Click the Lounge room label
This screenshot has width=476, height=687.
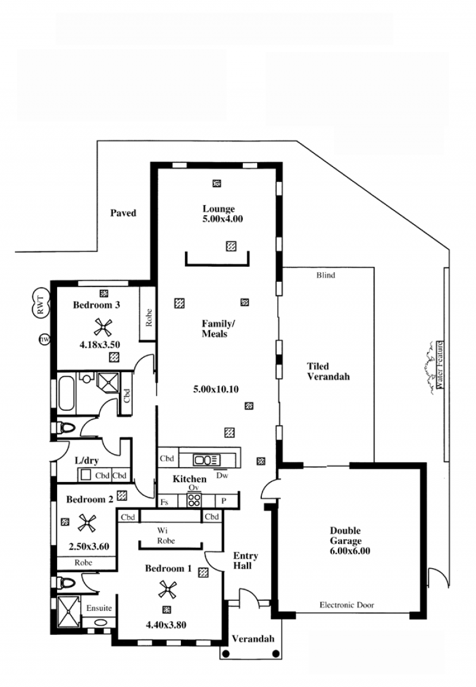click(218, 209)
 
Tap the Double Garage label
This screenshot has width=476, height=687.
click(346, 535)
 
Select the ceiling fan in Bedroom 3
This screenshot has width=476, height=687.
click(103, 327)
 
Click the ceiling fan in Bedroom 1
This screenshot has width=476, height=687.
click(167, 590)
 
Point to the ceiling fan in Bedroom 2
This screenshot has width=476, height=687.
click(86, 523)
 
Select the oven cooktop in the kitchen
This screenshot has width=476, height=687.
click(194, 500)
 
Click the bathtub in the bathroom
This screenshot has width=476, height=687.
click(66, 392)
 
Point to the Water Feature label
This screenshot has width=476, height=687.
click(440, 365)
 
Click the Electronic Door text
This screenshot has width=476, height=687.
click(346, 605)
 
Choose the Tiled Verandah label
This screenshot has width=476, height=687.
click(328, 371)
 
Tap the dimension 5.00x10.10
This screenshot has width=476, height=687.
click(216, 389)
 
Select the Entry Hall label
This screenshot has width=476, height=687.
click(245, 560)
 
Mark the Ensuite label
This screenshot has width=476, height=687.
click(99, 608)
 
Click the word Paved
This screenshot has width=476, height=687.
click(123, 213)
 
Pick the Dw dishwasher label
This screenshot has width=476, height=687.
click(223, 475)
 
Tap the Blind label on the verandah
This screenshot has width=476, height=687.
click(325, 275)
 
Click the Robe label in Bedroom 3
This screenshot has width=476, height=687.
click(148, 318)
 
